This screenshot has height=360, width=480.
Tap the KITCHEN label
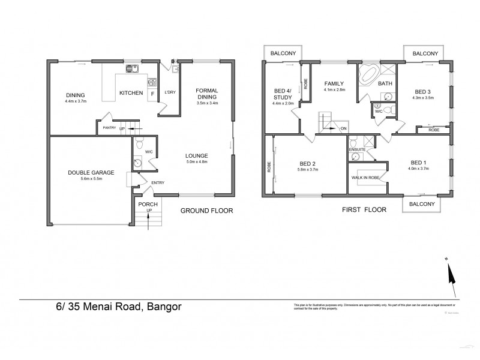[131, 93]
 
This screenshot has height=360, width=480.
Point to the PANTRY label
[109, 128]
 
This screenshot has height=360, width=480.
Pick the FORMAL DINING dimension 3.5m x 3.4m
[207, 103]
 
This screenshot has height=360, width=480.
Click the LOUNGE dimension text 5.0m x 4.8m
[196, 161]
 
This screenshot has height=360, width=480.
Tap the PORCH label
[148, 204]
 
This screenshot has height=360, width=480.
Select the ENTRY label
[158, 183]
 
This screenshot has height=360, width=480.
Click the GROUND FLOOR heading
[206, 211]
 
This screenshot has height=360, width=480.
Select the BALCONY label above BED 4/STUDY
[282, 53]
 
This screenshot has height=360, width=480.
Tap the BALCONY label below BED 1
[422, 205]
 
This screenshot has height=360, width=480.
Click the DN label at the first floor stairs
[343, 129]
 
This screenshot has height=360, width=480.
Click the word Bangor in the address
[161, 307]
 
